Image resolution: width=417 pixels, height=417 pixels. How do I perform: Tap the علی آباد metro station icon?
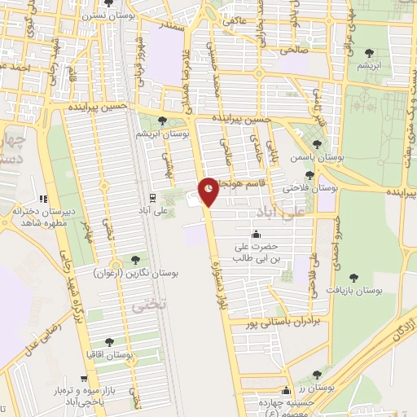152,198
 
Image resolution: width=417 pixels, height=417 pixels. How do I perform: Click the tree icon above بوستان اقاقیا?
111,342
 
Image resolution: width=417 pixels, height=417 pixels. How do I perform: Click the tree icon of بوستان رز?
317,374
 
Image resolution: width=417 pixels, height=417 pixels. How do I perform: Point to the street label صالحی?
294,50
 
